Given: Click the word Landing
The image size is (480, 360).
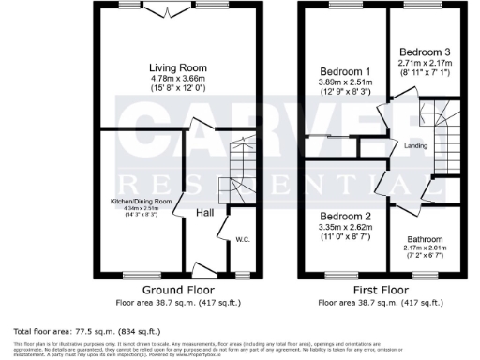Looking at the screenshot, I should pos(416,146).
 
